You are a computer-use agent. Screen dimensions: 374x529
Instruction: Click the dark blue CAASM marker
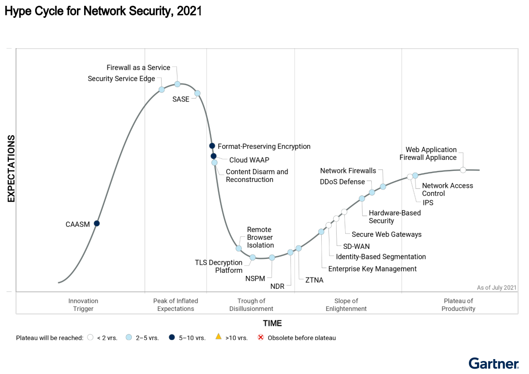[x=97, y=223]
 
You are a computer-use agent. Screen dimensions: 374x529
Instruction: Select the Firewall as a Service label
[x=138, y=67]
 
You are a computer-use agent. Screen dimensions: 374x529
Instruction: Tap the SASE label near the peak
[x=181, y=99]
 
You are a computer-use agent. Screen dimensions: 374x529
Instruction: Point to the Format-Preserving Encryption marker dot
[x=212, y=146]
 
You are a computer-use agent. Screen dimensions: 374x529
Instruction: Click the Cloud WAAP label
[x=249, y=160]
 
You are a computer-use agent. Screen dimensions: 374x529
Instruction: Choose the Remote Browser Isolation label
[x=260, y=237]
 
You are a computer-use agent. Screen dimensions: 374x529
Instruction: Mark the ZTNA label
[x=315, y=280]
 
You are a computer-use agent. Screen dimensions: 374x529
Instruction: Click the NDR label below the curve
[x=277, y=286]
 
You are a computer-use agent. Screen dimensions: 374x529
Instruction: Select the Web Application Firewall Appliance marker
[x=463, y=169]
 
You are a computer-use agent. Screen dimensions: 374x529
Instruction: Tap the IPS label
[x=428, y=203]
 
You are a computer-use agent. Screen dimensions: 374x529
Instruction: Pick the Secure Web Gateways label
[x=386, y=234]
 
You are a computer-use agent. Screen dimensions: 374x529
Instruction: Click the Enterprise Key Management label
[x=372, y=269]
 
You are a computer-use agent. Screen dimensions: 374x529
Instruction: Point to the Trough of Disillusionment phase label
[x=251, y=305]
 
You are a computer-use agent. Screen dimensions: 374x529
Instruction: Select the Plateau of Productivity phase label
[x=458, y=305]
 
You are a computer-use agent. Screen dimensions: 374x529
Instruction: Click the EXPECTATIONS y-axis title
[x=12, y=168]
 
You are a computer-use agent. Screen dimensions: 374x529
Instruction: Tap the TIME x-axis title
[x=272, y=323]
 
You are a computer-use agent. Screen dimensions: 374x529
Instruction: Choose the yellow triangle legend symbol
[x=218, y=337]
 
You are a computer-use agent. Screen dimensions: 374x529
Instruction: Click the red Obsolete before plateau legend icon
[x=261, y=337]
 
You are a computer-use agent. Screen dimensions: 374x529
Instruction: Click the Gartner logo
[x=494, y=363]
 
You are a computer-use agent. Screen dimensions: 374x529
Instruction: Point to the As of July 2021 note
[x=497, y=287]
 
